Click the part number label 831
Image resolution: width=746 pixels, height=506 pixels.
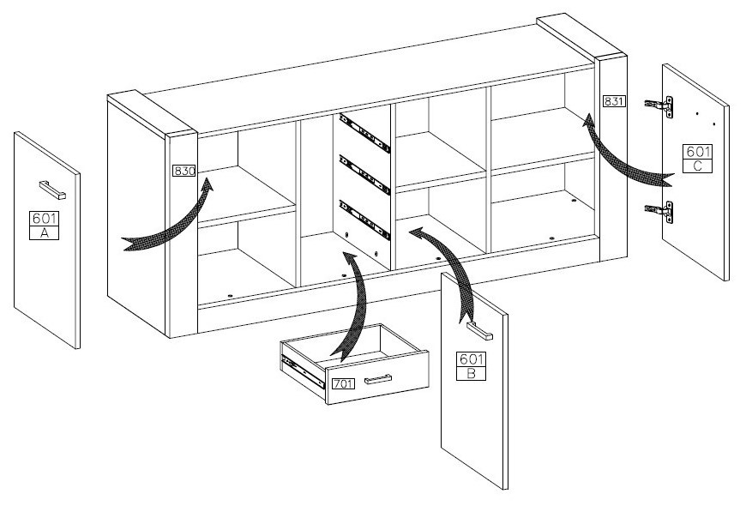coord(615,101)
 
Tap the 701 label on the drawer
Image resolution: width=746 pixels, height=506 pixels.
coord(343,383)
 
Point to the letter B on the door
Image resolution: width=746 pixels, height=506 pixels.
coord(472,373)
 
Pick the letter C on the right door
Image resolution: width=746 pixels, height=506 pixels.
coord(697,166)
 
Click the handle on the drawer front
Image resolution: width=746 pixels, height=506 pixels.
coord(377,379)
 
